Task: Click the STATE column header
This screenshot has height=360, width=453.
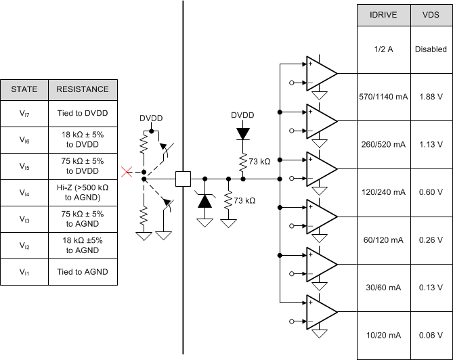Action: pyautogui.click(x=24, y=89)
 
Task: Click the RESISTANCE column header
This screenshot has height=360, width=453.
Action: pyautogui.click(x=82, y=89)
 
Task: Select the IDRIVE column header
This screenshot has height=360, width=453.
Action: pyautogui.click(x=383, y=15)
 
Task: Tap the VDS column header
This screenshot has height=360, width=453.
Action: pyautogui.click(x=431, y=15)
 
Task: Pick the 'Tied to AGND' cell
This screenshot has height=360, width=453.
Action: pyautogui.click(x=82, y=272)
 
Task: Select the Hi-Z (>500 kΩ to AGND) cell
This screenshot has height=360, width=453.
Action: pyautogui.click(x=82, y=193)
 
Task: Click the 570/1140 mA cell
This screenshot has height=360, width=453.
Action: pyautogui.click(x=383, y=97)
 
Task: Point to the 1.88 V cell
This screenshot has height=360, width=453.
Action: pyautogui.click(x=431, y=97)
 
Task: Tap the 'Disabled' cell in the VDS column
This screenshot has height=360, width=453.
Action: pyautogui.click(x=431, y=49)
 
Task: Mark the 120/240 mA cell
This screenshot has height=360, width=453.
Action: pyautogui.click(x=383, y=192)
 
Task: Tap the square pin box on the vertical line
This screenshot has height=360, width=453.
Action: pyautogui.click(x=183, y=179)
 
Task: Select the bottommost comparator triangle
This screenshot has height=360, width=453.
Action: pyautogui.click(x=320, y=312)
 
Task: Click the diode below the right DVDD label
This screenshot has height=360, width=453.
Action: pyautogui.click(x=242, y=133)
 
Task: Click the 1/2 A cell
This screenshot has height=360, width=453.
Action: pyautogui.click(x=383, y=49)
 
